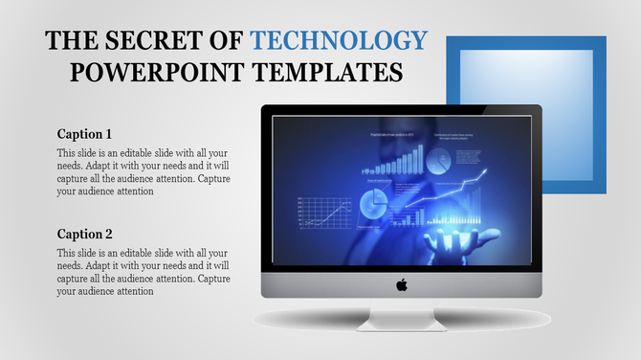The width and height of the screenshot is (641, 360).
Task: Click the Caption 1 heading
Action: pos(84,133)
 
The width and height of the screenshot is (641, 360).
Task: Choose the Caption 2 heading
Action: pos(84,234)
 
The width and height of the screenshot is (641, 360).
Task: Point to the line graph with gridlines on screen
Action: pos(325,213)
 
